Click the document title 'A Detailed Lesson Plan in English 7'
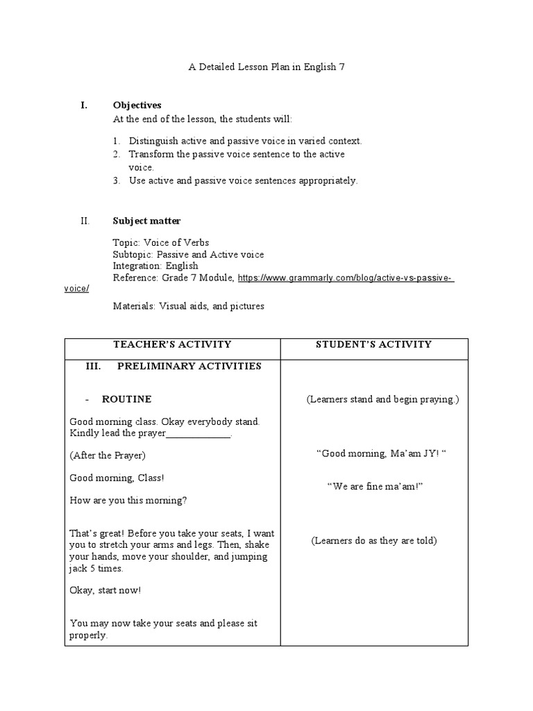266,67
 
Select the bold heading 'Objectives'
137,106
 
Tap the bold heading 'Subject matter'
146,221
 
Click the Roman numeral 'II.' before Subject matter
85,221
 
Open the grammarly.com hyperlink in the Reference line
346,278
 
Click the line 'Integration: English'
155,266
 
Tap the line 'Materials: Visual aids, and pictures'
188,306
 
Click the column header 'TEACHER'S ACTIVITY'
172,344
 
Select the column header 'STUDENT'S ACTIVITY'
374,344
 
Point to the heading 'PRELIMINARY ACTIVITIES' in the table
189,366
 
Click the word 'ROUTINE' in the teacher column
126,399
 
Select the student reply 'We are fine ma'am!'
375,487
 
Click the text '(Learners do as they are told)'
374,540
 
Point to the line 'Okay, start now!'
105,590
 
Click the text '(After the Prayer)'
108,455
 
